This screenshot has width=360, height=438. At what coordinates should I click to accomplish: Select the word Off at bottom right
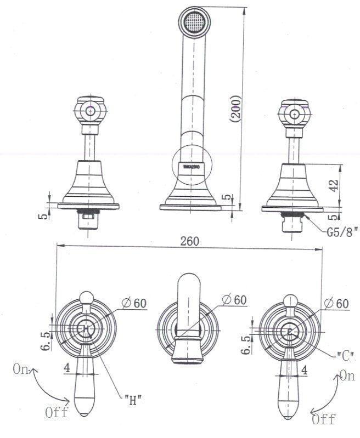click(x=324, y=419)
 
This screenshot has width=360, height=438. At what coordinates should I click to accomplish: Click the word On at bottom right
click(x=346, y=376)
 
